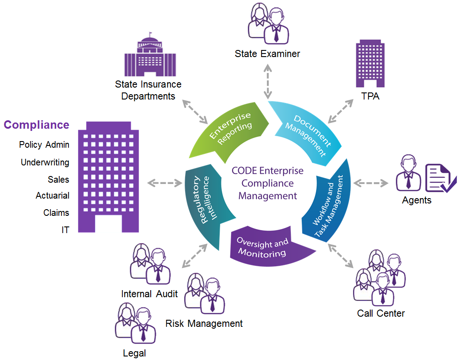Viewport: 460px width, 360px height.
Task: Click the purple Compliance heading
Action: [x=37, y=125]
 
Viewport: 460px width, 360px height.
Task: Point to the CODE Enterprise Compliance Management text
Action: [x=268, y=183]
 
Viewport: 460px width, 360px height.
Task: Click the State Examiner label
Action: [x=267, y=54]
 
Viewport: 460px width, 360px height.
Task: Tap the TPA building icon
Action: [x=370, y=64]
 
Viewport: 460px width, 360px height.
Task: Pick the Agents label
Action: [x=416, y=200]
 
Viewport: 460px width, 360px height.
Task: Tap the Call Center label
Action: [x=381, y=313]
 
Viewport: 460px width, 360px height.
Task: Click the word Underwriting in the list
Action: [x=45, y=162]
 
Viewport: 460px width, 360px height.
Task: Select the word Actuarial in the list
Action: [x=53, y=195]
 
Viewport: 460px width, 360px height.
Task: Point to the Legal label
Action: [x=134, y=353]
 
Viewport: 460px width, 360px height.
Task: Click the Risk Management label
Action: [x=204, y=323]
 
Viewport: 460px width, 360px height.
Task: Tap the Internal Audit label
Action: [x=149, y=294]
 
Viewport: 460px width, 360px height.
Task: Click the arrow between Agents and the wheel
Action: [x=371, y=183]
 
